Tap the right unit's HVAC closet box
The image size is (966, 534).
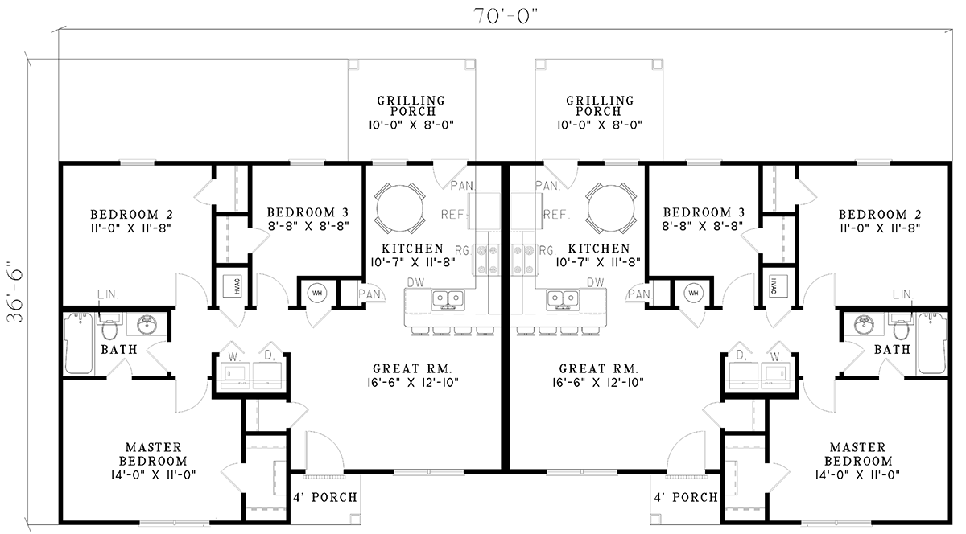[x=773, y=285]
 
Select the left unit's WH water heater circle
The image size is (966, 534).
[x=316, y=294]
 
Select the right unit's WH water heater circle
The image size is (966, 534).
[x=693, y=294]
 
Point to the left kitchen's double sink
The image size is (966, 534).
[x=449, y=300]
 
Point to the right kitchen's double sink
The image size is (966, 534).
[x=562, y=300]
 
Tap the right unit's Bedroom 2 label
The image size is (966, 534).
[x=879, y=215]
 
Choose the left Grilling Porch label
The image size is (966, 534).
[x=411, y=106]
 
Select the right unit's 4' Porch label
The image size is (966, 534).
[x=686, y=498]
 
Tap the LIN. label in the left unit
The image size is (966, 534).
[x=108, y=295]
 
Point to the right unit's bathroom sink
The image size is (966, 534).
[x=861, y=326]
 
